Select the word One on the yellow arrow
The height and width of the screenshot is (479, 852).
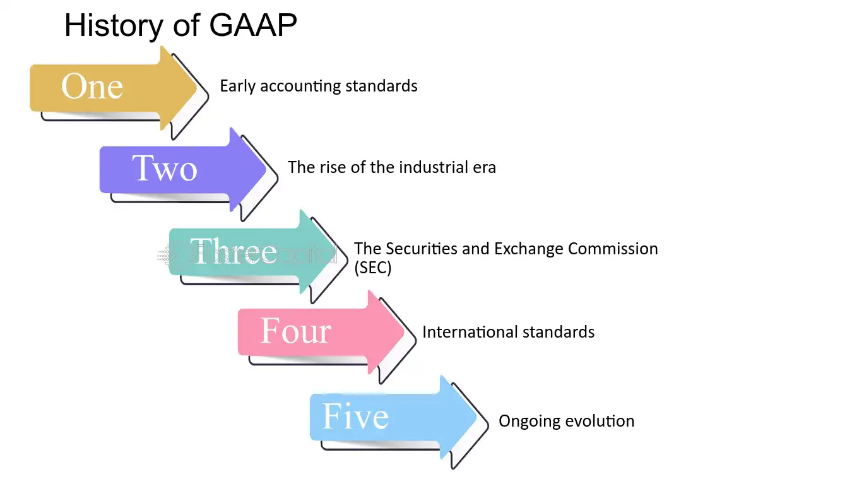coord(92,86)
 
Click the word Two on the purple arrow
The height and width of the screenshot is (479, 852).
coord(165,169)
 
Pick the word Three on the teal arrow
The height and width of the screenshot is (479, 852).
coord(234,252)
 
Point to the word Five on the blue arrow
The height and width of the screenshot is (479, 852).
coord(355,417)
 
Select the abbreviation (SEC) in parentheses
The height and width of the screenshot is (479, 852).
coord(373,268)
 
